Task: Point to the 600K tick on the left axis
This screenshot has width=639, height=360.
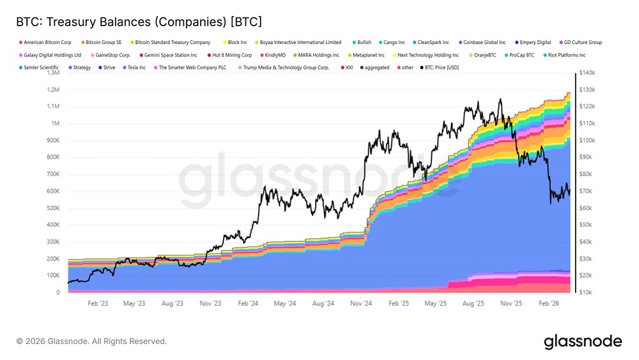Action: [52, 191]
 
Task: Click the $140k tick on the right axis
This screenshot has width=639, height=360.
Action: [587, 73]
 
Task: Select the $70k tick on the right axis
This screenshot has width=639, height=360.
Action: [587, 191]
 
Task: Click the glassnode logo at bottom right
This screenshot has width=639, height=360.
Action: [582, 341]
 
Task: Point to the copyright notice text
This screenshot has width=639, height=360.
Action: [91, 341]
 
